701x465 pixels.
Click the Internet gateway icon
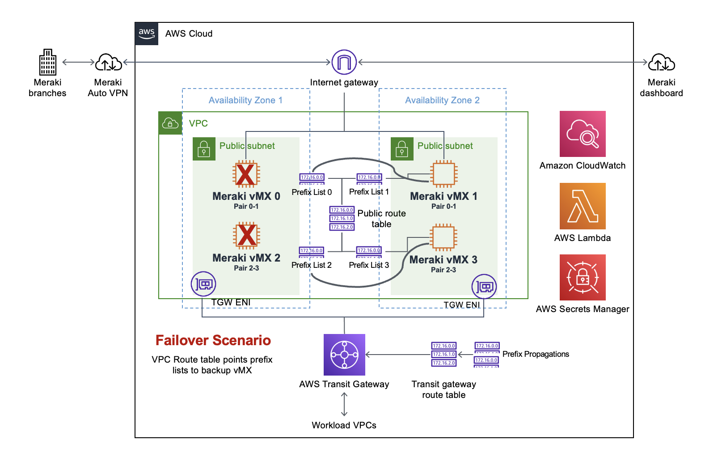coord(344,62)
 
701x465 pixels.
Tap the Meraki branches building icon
coord(47,62)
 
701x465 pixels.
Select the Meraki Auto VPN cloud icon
coord(108,62)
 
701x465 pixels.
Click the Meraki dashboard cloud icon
coord(661,62)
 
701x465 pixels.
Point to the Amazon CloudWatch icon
coord(583,134)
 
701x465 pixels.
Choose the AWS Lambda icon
coord(583,206)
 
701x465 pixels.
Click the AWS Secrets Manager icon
coord(583,277)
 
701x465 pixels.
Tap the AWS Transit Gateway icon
coord(344,355)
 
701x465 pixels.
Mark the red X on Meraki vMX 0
coord(246,174)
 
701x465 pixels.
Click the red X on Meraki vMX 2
coord(246,236)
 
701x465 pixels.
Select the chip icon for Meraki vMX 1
coord(443,174)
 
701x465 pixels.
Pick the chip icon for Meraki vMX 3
coord(443,237)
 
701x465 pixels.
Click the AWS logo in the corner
coord(146,34)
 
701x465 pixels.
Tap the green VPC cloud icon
coord(170,123)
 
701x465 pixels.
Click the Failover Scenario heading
coord(213,340)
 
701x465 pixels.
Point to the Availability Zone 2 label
coord(442,100)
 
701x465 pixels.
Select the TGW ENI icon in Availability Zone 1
coord(203,284)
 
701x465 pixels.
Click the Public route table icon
coord(342,218)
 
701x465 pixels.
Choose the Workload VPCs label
coord(344,425)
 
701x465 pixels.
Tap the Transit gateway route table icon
coord(443,354)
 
